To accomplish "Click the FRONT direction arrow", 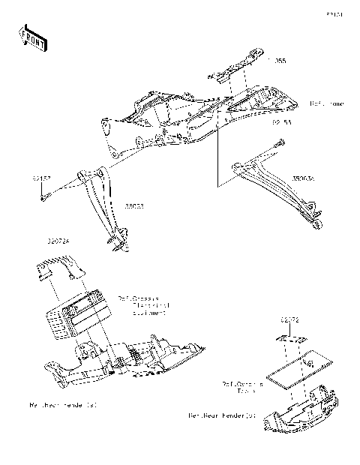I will (x=32, y=37).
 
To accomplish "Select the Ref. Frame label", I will (x=327, y=103).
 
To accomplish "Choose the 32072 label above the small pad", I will (x=291, y=319).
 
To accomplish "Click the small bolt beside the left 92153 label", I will (x=44, y=196).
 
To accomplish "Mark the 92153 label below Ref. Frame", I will (x=281, y=121).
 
